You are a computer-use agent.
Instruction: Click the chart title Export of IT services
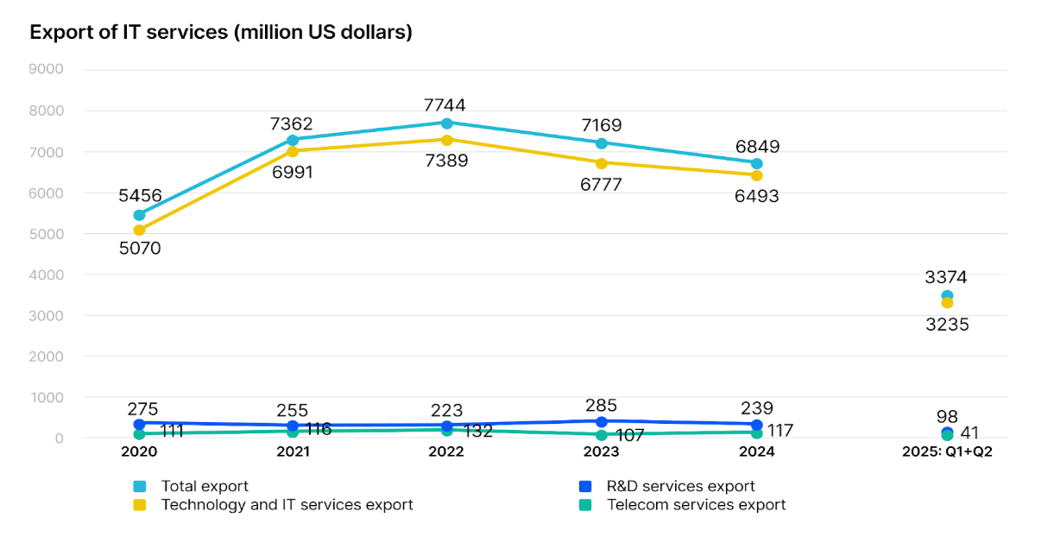coord(221,33)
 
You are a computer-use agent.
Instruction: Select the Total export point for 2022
coord(447,123)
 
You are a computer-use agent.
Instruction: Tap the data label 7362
coord(293,124)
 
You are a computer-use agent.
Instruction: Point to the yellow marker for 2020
coord(139,230)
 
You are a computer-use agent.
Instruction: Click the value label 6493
coord(757,197)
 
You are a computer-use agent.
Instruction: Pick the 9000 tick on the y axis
coord(47,70)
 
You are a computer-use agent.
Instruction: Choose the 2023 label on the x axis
coord(602,452)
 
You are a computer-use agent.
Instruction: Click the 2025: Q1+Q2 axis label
coord(947,452)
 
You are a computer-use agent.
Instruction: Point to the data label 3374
coord(946,278)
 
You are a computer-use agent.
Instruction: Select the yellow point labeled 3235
coord(947,303)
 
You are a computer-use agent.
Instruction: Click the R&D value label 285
coord(602,403)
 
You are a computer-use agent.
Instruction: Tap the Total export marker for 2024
coord(757,163)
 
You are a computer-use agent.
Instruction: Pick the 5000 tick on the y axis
coord(47,234)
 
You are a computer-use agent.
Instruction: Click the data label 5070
coord(139,249)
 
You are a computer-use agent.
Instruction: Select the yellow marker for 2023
coord(602,162)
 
